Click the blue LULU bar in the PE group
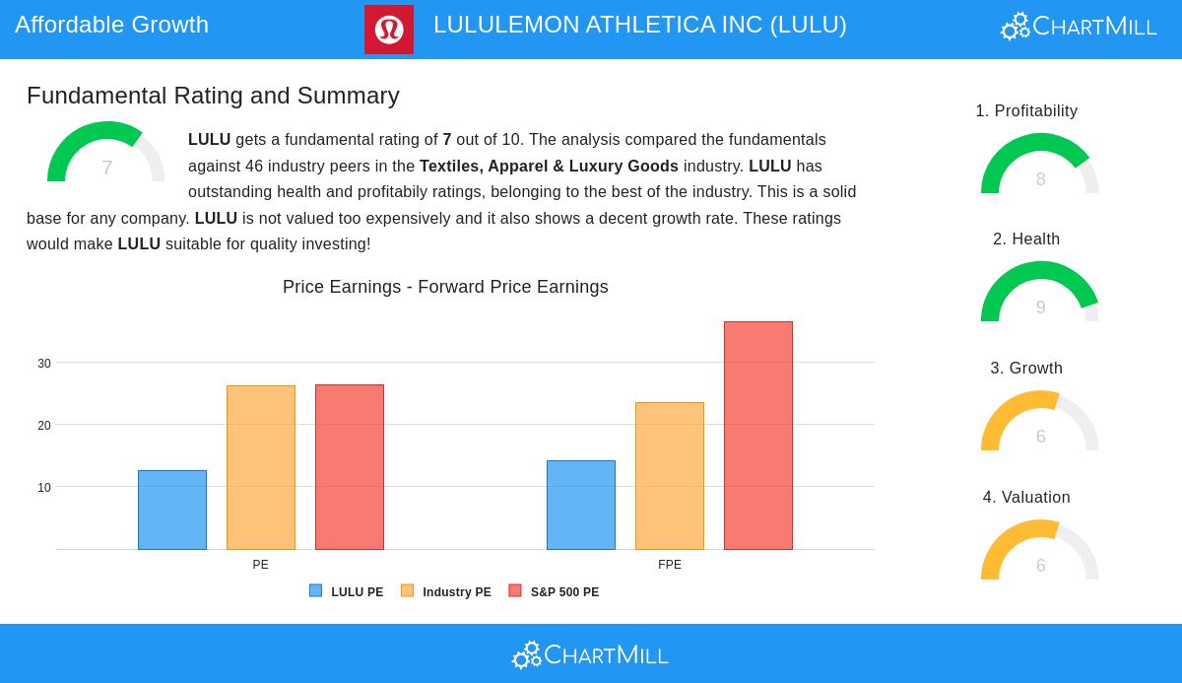coord(172,510)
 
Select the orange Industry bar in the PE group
coord(261,467)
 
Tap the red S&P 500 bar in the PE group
coord(350,467)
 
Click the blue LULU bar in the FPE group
coord(581,505)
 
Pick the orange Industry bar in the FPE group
coord(670,476)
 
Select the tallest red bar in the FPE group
coord(758,436)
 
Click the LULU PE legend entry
coord(347,592)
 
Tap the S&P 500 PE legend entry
coord(555,592)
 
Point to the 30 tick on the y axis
coord(44,364)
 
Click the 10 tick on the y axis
coord(44,488)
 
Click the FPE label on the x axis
coord(670,565)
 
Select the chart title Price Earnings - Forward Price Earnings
coord(445,287)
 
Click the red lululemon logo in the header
coord(389,30)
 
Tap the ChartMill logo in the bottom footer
coord(591,654)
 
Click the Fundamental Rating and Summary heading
coord(213,96)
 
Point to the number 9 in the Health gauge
coord(1040,307)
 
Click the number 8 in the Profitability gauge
coord(1040,179)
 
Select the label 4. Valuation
coord(1026,498)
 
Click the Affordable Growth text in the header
coord(112,25)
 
